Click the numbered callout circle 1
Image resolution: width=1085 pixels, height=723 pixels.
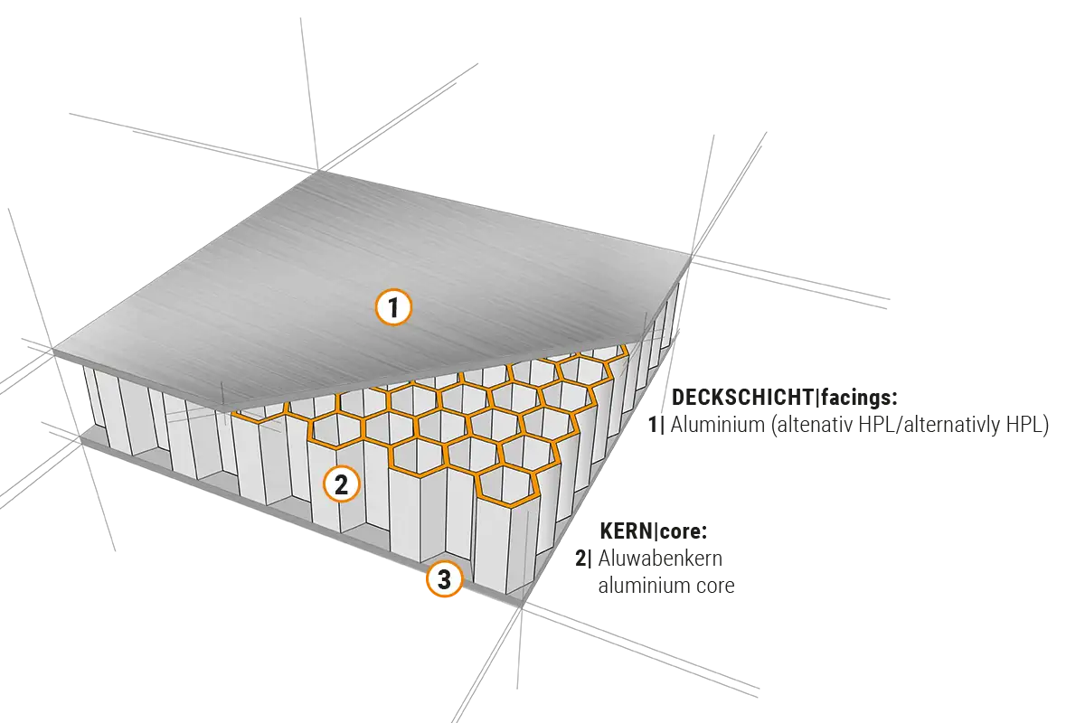[393, 308]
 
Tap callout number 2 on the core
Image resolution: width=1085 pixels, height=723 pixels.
[341, 484]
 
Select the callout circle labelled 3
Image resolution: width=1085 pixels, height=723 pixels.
[444, 580]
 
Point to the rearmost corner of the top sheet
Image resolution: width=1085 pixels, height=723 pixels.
[315, 172]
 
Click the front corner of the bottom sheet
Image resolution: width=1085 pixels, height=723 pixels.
[508, 604]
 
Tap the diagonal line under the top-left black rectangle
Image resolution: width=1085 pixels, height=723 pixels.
[154, 136]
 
